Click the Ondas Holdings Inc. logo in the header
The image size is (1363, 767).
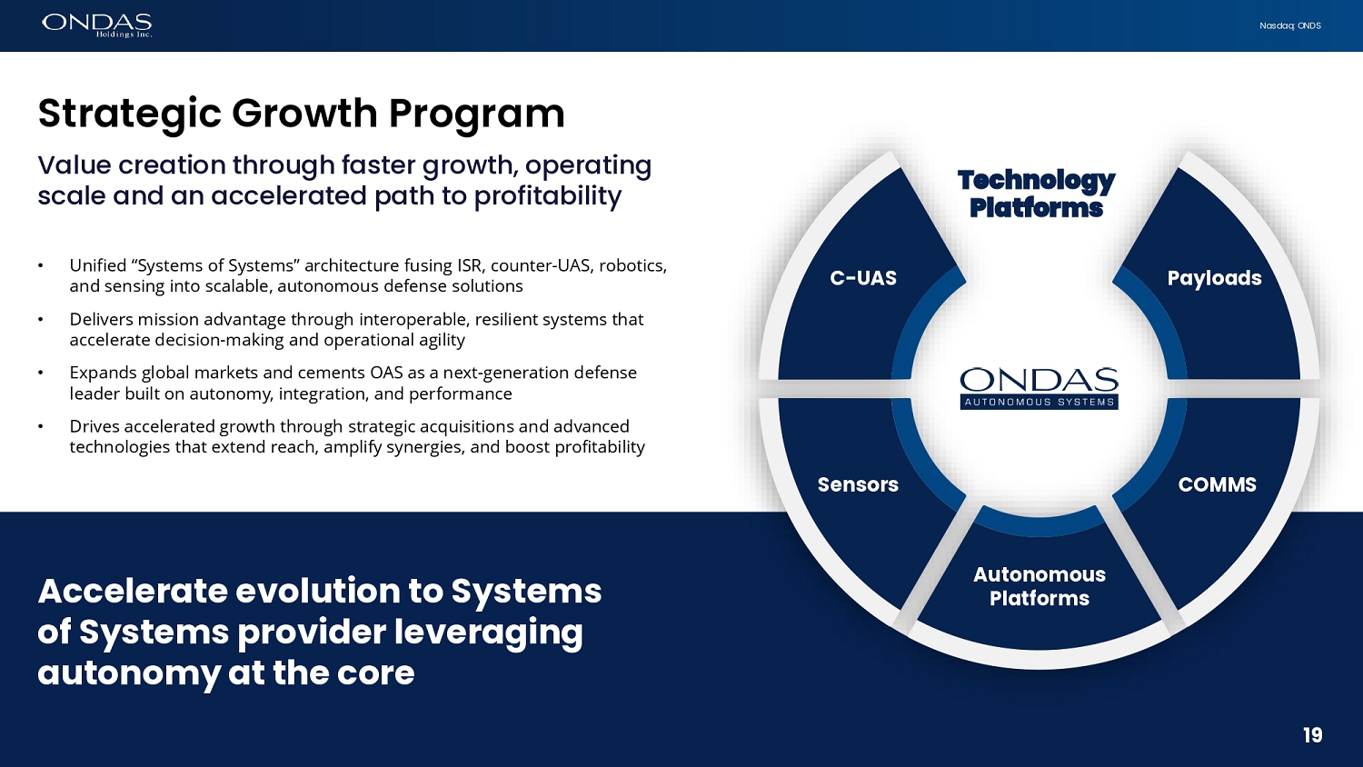(96, 25)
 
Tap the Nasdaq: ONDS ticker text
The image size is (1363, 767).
(1290, 25)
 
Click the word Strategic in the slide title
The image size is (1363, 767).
(129, 115)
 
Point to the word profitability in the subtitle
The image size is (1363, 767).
(548, 196)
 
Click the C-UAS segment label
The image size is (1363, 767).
(863, 278)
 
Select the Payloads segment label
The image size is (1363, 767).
(1214, 278)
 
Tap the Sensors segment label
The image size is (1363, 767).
(858, 484)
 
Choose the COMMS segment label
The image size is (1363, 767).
(1217, 484)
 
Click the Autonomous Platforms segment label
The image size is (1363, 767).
(1040, 586)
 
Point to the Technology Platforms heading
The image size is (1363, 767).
(1036, 194)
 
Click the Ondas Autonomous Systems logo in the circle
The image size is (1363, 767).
(1040, 388)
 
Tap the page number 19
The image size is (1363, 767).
(1312, 735)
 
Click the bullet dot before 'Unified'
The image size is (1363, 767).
(41, 266)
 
